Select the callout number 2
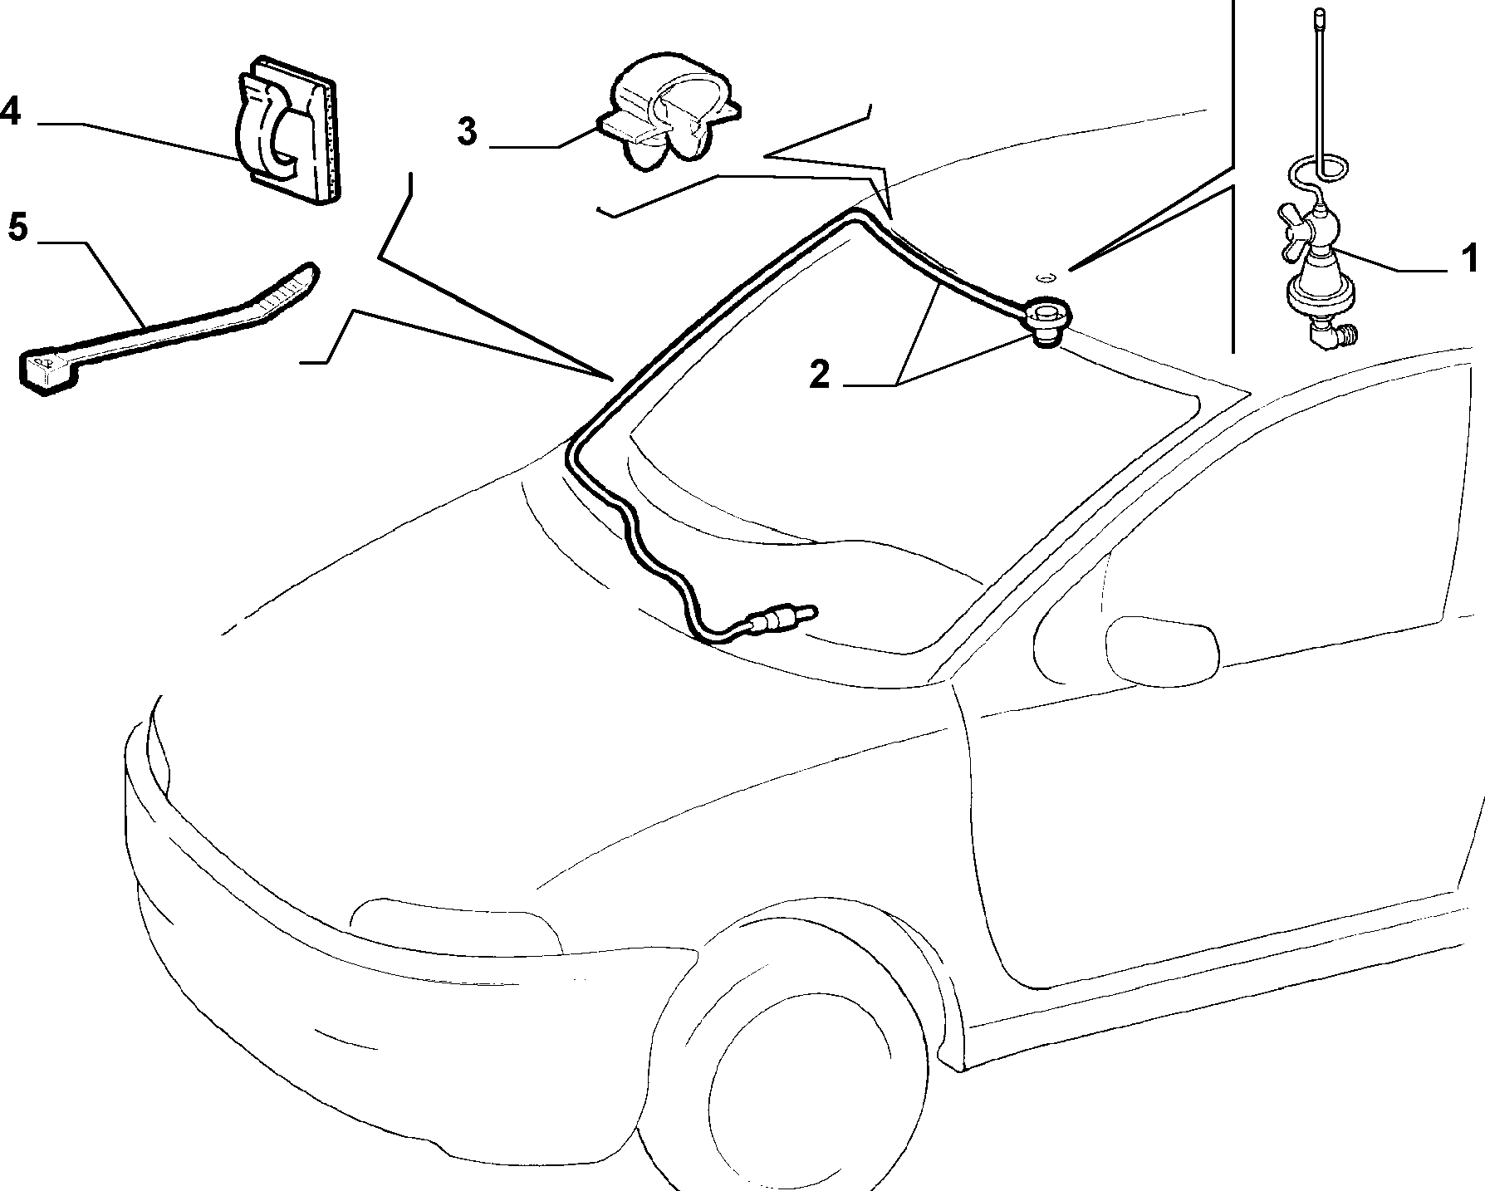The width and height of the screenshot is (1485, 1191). coord(819,375)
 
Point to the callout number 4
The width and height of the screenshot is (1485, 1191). coord(10,110)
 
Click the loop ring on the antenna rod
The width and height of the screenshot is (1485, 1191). coord(1321,172)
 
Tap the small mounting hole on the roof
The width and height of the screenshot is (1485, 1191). coord(1047,276)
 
